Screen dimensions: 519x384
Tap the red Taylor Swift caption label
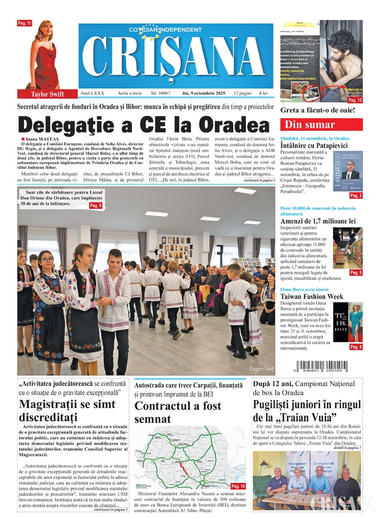tap(47, 94)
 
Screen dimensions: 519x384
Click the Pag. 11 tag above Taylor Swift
tap(24, 23)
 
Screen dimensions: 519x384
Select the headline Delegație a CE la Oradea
tap(144, 124)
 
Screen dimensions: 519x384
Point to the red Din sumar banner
tap(321, 125)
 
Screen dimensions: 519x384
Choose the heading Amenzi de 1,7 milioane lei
tap(318, 220)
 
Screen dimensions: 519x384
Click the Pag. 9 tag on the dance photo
tap(96, 205)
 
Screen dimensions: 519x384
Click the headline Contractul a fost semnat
tap(178, 412)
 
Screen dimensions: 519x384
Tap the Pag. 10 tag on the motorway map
tap(238, 486)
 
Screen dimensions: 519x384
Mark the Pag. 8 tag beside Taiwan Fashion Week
tap(356, 347)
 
